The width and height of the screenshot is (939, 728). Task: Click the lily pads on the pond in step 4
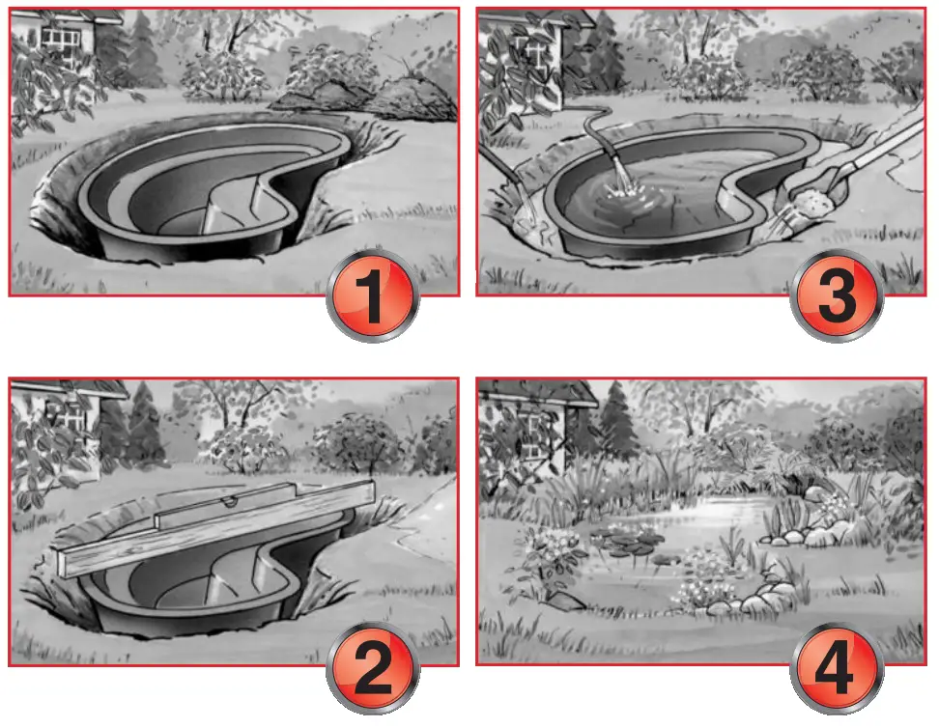coord(623,541)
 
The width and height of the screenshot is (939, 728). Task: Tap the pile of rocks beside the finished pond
coord(811,526)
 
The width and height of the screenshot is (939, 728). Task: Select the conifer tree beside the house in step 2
coord(145,425)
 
